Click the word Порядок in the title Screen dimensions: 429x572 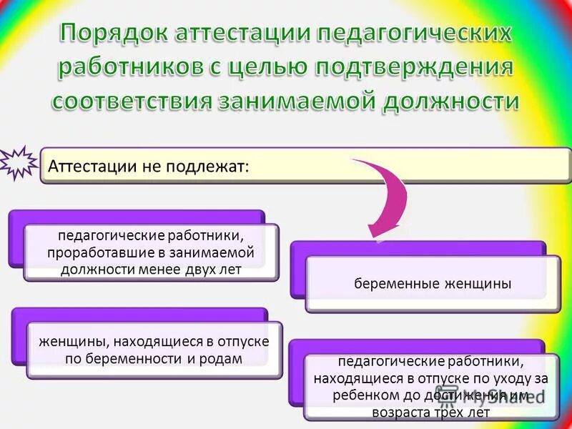(114, 34)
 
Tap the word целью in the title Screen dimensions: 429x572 (275, 66)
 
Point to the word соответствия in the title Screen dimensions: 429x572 (132, 100)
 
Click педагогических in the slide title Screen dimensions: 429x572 (415, 34)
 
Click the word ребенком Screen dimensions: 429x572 (360, 395)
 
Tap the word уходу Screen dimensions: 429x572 (513, 378)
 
